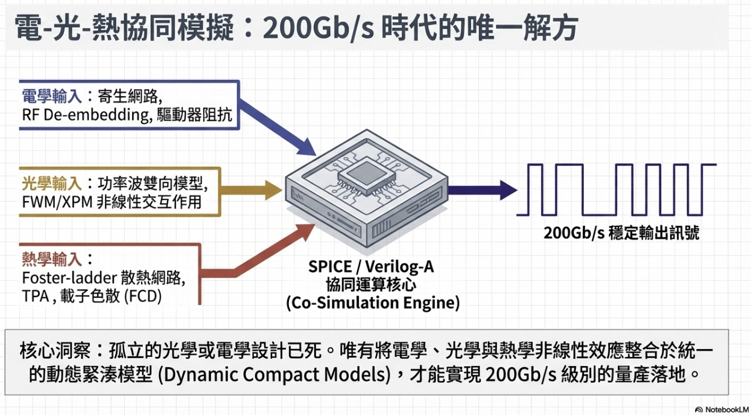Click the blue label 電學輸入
pyautogui.click(x=52, y=97)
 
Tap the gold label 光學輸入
pyautogui.click(x=52, y=183)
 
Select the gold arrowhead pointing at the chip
pyautogui.click(x=275, y=190)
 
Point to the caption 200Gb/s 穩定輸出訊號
pyautogui.click(x=621, y=233)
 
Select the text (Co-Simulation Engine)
pyautogui.click(x=372, y=302)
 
